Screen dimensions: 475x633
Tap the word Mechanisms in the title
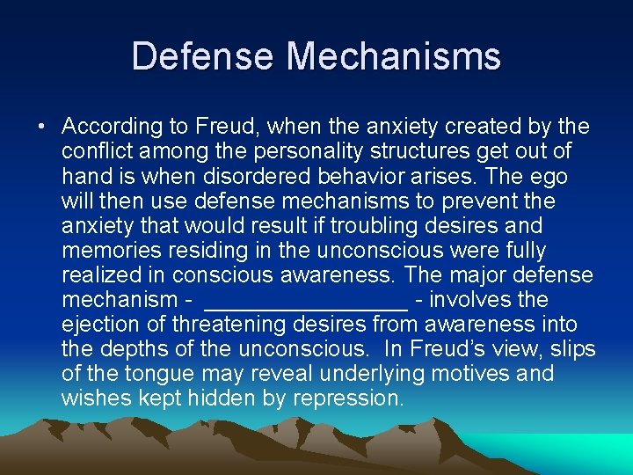coord(394,57)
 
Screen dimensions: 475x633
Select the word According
coord(114,127)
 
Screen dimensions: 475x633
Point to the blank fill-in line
coord(305,300)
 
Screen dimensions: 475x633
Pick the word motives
coord(470,374)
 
